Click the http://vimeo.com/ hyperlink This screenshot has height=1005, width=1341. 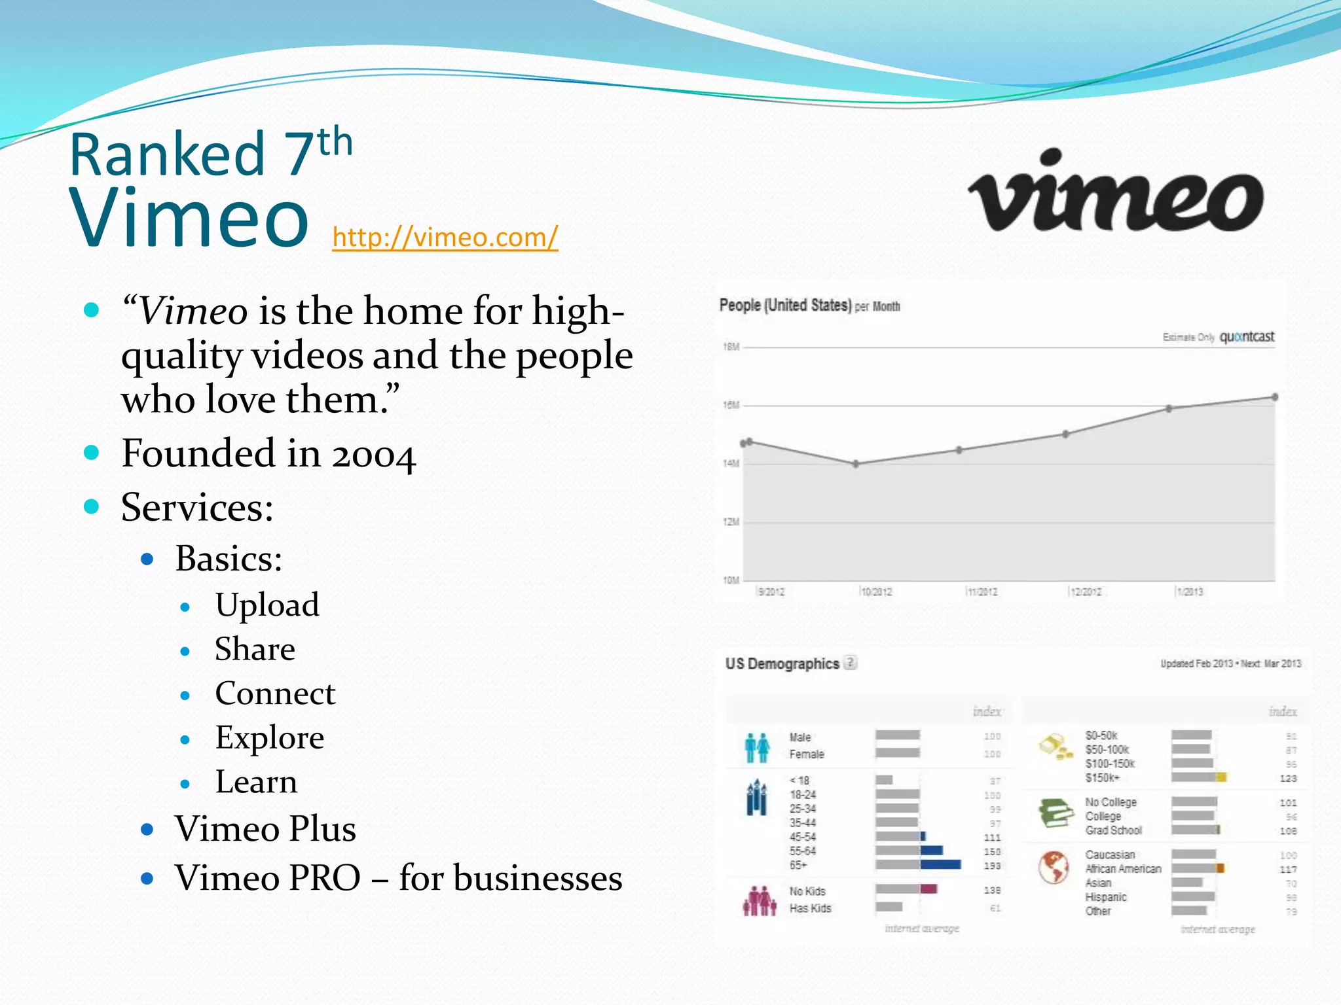click(x=445, y=237)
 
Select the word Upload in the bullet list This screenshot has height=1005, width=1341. click(x=267, y=605)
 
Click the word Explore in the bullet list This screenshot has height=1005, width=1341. click(x=269, y=737)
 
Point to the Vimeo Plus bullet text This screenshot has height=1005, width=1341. click(x=265, y=828)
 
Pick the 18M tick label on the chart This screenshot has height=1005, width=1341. click(x=731, y=347)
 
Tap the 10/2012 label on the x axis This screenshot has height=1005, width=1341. click(x=876, y=592)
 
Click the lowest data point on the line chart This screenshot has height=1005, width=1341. click(x=856, y=464)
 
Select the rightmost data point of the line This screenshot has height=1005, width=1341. click(x=1274, y=397)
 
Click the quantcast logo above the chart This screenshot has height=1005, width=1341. click(x=1247, y=337)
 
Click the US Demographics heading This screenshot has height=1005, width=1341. click(x=782, y=663)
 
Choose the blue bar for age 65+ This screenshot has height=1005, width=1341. click(x=940, y=865)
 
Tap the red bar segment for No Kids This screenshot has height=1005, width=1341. click(x=928, y=889)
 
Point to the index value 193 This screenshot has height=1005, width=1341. click(x=992, y=866)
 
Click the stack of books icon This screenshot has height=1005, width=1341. click(x=1055, y=813)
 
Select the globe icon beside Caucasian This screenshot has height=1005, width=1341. click(x=1054, y=868)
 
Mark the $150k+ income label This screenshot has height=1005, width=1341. click(x=1103, y=778)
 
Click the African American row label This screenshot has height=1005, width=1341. click(x=1123, y=869)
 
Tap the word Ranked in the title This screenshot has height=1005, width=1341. click(x=167, y=154)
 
